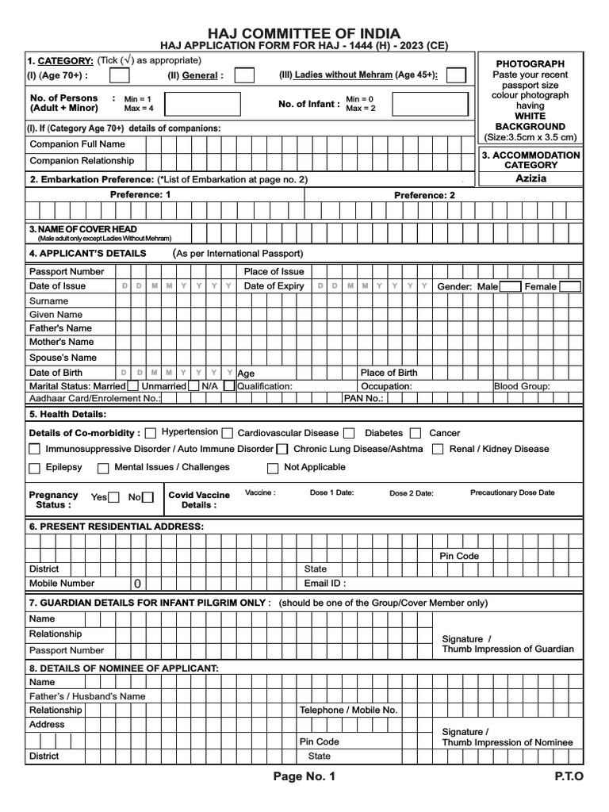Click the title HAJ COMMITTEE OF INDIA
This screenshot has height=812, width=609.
click(304, 33)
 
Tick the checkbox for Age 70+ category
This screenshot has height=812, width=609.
click(119, 76)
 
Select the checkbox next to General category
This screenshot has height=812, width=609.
click(244, 76)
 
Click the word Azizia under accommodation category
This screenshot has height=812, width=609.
click(531, 178)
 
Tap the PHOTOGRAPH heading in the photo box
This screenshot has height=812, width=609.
click(530, 63)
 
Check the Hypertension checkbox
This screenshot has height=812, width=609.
click(151, 433)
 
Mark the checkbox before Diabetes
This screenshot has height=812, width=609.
click(350, 434)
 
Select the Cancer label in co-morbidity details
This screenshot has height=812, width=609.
click(444, 433)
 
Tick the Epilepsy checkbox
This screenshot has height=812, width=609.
click(34, 468)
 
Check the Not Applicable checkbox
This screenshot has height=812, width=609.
click(273, 468)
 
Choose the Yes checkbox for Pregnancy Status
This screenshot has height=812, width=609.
click(113, 497)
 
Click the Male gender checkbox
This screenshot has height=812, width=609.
click(510, 286)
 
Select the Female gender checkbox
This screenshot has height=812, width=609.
click(569, 286)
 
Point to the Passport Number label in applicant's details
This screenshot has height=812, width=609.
click(67, 271)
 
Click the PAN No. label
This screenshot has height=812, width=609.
click(363, 398)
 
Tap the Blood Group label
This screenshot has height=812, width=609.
click(521, 386)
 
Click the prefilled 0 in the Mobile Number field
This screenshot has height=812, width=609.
click(137, 584)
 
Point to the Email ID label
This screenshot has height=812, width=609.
click(325, 583)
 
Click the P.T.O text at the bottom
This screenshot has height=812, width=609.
click(569, 777)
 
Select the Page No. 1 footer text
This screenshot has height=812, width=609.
click(304, 777)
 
